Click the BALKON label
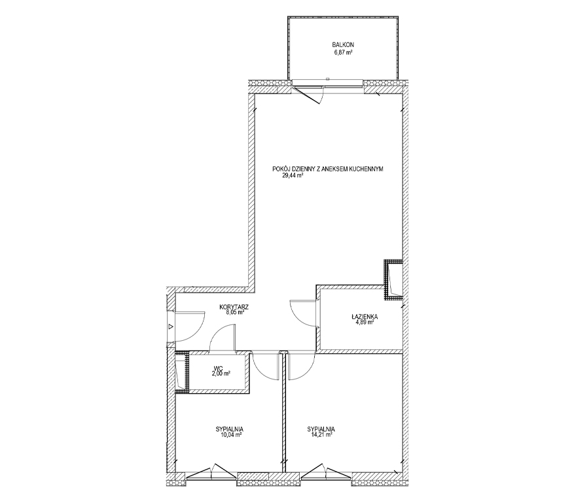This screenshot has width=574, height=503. point(343,44)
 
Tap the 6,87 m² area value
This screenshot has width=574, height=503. point(343,53)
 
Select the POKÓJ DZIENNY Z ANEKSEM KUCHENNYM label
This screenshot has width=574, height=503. point(328,169)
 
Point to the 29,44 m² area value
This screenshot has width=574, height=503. point(292,175)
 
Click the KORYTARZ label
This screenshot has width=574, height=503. point(234,307)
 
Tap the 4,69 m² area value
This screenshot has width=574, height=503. point(363,322)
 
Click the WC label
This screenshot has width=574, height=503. point(219,368)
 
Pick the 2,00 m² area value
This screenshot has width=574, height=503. point(220,373)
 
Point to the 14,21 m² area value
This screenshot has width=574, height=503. point(320,435)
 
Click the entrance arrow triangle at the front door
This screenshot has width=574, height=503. point(170,326)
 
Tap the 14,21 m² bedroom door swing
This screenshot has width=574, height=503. point(308,372)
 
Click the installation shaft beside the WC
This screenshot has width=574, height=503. point(181,372)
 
